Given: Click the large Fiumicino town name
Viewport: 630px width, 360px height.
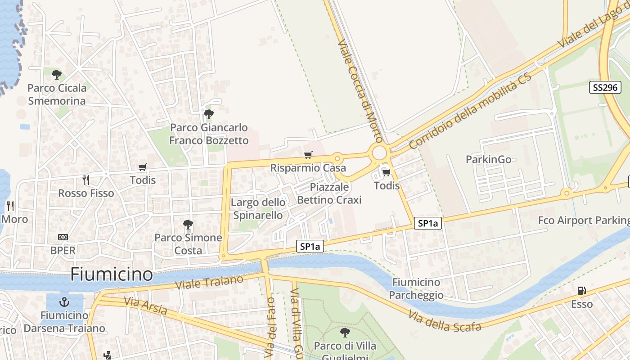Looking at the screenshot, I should pos(112,274).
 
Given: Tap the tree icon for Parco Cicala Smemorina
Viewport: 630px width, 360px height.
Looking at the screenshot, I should pos(56,75).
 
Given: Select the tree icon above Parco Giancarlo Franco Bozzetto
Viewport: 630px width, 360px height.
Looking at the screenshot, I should pos(208,114).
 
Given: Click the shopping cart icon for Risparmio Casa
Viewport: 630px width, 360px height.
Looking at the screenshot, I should pos(308,155).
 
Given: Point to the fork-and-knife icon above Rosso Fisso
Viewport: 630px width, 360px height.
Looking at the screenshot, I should pos(85,180).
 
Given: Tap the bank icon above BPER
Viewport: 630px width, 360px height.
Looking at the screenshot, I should pos(63,237).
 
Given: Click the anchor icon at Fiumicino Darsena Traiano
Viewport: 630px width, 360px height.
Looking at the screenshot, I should pos(64,302).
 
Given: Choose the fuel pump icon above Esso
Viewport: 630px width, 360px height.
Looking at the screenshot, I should pos(582,291).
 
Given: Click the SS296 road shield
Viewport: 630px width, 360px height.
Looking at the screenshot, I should pos(605,87).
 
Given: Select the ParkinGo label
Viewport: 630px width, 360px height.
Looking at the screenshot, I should pos(488,159).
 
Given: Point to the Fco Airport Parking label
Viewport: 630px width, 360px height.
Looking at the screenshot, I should pos(584,220).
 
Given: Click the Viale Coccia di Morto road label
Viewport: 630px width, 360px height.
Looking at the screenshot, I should pos(360,90).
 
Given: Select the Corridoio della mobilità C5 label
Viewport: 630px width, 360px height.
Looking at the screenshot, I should pos(470,111).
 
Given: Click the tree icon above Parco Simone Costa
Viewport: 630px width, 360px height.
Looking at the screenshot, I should pos(188,224).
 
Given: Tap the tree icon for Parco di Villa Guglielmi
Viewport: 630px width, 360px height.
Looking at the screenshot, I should pos(345,333).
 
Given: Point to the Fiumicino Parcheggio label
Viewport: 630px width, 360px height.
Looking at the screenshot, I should pos(416,288).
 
